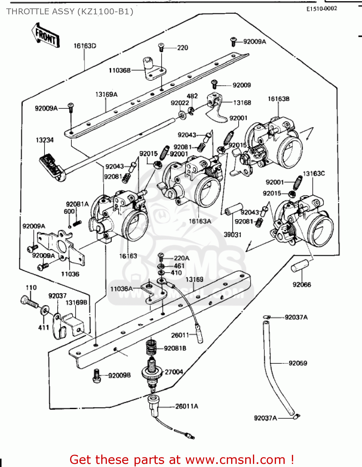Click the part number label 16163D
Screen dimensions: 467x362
[x=85, y=46]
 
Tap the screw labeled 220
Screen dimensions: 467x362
[x=161, y=47]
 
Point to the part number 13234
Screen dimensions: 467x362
[x=45, y=140]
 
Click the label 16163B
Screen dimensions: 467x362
[x=279, y=99]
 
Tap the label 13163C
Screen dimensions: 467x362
[x=314, y=173]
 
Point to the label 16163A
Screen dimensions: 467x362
[x=200, y=221]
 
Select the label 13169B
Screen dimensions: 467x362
[x=76, y=303]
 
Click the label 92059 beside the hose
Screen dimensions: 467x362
[x=298, y=363]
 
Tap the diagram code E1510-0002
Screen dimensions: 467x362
[x=322, y=9]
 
